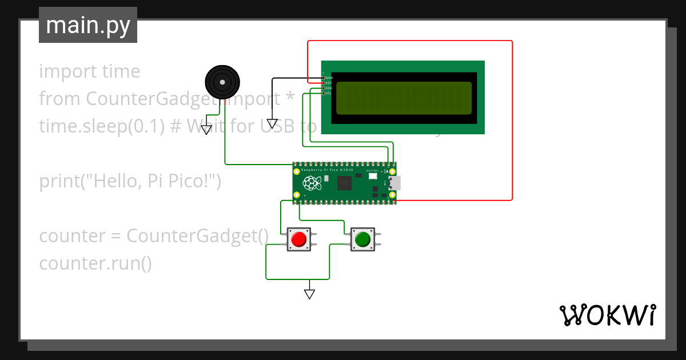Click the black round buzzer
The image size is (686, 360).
click(221, 82)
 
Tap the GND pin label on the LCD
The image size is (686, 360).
click(329, 78)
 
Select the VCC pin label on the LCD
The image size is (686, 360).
click(329, 83)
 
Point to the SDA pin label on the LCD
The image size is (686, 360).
click(329, 88)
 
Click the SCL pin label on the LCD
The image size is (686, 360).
click(329, 93)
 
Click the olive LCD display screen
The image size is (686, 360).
click(404, 98)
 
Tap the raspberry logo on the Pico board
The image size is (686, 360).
click(311, 183)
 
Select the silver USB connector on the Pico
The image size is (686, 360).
click(394, 183)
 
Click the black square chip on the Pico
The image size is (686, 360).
click(345, 183)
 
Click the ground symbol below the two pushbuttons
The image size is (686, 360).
click(309, 294)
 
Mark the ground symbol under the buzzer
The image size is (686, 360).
click(206, 129)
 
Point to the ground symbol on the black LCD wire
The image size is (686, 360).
click(272, 123)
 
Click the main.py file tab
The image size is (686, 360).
click(88, 25)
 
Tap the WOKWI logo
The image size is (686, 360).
click(607, 315)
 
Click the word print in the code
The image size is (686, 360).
click(59, 181)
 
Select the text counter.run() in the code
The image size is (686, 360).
click(95, 263)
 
